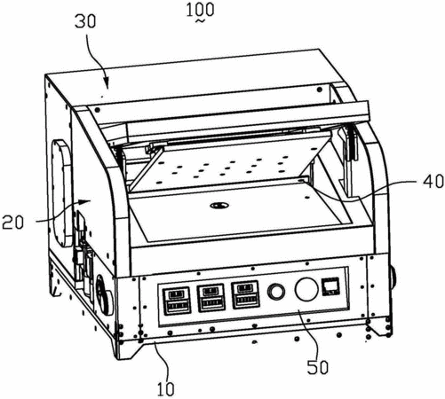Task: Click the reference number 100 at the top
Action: (x=200, y=10)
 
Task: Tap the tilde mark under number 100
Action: (x=200, y=21)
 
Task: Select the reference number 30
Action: (x=85, y=21)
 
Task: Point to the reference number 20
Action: (x=12, y=223)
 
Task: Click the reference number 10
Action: (x=165, y=389)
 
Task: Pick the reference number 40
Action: (x=433, y=181)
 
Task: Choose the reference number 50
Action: (x=318, y=367)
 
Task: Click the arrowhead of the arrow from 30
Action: (x=107, y=83)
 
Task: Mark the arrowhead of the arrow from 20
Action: (x=85, y=202)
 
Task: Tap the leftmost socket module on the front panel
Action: (x=177, y=301)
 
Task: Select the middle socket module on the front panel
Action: (x=211, y=298)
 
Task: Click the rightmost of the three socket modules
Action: (x=245, y=294)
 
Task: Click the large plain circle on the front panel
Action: (x=306, y=289)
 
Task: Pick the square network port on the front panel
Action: (x=331, y=286)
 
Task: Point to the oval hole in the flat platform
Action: (x=219, y=205)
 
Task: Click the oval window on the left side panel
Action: (x=61, y=192)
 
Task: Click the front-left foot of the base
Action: (x=126, y=349)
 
